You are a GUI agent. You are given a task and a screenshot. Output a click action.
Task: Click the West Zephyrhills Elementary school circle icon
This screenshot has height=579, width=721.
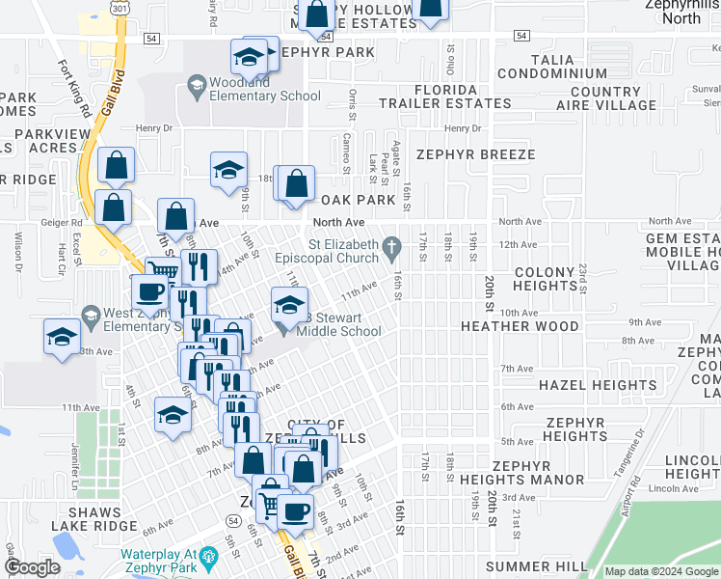coord(92,316)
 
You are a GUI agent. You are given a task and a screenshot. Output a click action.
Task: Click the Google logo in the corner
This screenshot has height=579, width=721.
coord(33,567)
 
